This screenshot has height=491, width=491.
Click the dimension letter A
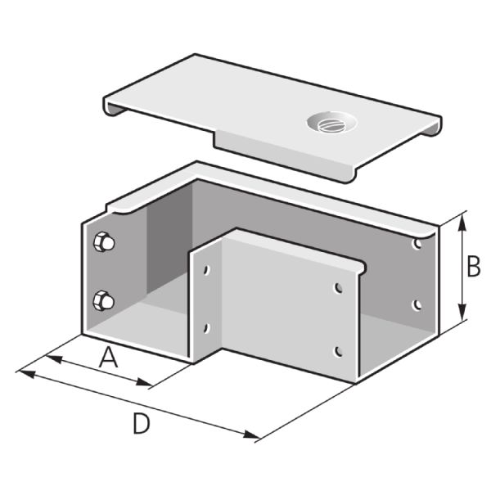tap(108, 358)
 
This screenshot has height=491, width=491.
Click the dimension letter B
tap(474, 267)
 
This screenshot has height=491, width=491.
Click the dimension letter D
tap(142, 424)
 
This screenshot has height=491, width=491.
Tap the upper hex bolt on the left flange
tap(104, 242)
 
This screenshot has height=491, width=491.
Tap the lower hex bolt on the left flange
tap(103, 300)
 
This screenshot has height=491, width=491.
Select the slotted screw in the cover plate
tap(331, 124)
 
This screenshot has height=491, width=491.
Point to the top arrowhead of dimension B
tap(462, 223)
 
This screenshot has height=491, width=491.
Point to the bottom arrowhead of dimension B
tap(462, 311)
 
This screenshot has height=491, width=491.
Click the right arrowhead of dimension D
tap(251, 435)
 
